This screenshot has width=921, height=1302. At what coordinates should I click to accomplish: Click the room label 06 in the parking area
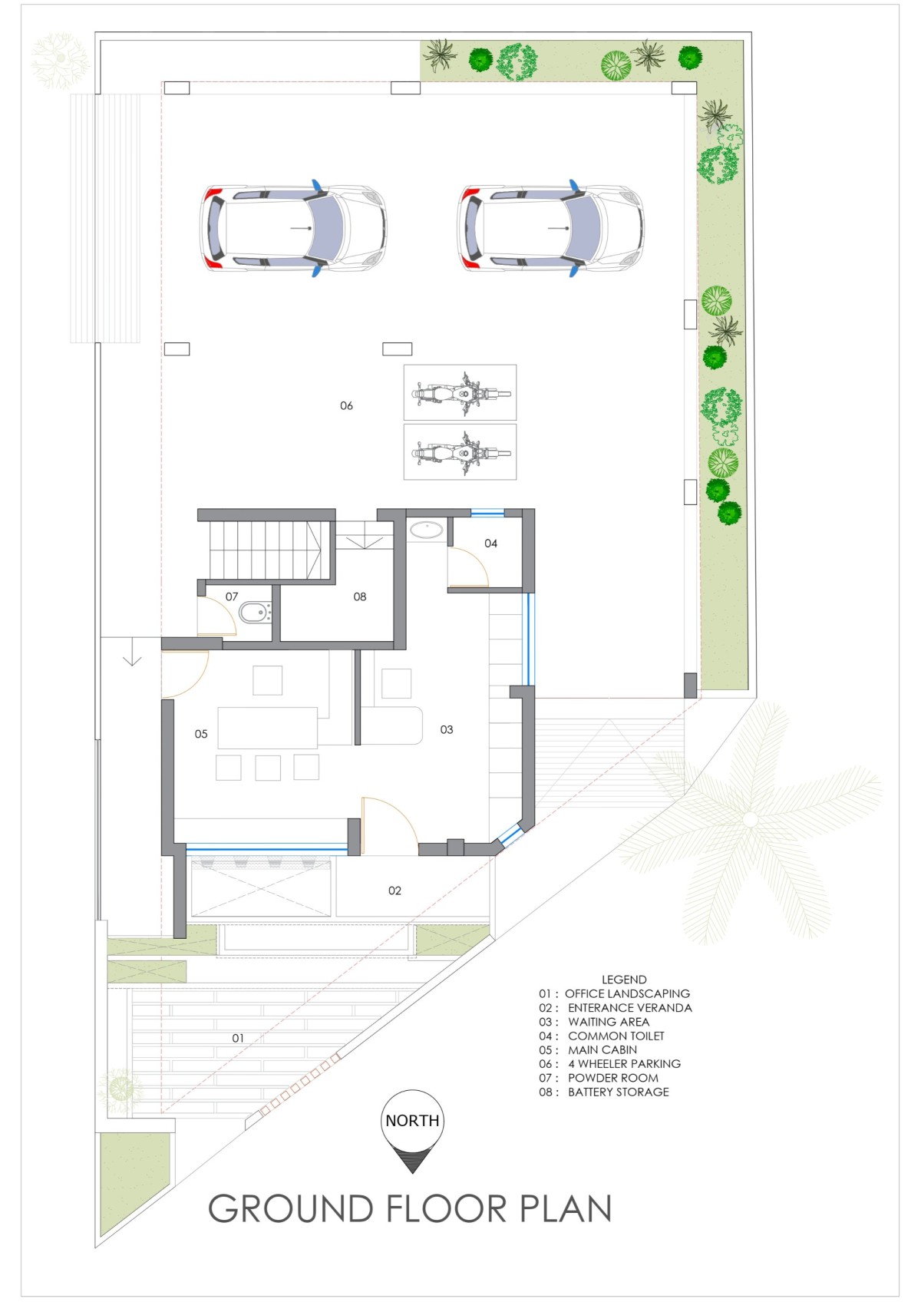tap(346, 405)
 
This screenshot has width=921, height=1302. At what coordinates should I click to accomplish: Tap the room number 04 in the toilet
tap(491, 544)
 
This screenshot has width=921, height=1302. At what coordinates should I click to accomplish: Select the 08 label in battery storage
tap(360, 596)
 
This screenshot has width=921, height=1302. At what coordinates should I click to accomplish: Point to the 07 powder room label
tap(232, 596)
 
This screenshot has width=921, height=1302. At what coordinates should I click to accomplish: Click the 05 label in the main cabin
tap(201, 734)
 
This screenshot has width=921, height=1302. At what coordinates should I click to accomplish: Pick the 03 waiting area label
tap(446, 729)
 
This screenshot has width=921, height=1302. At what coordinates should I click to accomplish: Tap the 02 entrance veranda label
tap(394, 891)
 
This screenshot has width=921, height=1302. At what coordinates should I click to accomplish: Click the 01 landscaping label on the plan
tap(238, 1038)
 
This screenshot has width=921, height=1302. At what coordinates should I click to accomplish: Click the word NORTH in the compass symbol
tap(413, 1121)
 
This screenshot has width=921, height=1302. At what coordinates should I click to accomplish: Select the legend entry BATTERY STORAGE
tap(619, 1092)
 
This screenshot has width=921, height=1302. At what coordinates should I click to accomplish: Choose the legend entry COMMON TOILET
tap(616, 1036)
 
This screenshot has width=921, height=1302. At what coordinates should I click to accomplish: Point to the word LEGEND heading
tap(624, 980)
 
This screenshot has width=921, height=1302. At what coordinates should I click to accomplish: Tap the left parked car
tap(293, 228)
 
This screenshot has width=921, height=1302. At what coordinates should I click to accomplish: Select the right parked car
tap(551, 228)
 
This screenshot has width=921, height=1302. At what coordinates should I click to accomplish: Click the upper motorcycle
tap(461, 394)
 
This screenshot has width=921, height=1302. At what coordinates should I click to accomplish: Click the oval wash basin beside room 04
tap(427, 530)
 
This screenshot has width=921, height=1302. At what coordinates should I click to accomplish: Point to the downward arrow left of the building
tap(133, 653)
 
